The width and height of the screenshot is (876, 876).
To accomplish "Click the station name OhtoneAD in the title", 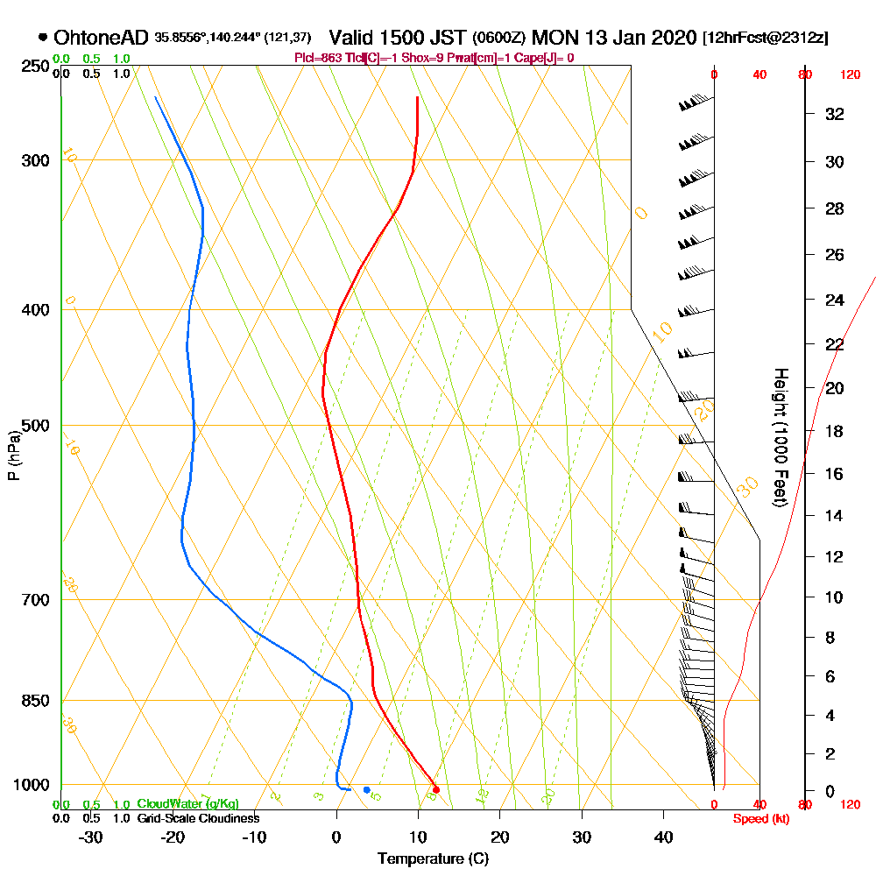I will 102,38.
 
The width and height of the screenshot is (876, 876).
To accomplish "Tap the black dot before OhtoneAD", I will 43,37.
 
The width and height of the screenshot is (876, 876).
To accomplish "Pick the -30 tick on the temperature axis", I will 91,837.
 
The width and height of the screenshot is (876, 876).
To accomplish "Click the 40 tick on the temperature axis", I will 663,837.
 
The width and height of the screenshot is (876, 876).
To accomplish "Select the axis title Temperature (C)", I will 433,858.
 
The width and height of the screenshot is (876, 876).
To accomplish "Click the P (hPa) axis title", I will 13,455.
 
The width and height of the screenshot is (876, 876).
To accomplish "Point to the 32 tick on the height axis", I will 835,114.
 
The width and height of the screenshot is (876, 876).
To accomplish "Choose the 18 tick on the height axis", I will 835,431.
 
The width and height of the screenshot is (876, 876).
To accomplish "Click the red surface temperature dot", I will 436,790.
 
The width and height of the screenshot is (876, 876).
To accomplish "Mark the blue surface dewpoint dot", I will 366,790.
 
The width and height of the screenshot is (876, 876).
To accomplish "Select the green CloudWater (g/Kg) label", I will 187,804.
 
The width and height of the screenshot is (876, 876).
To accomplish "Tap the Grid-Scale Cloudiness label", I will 198,818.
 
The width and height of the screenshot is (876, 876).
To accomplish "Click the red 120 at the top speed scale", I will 849,75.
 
